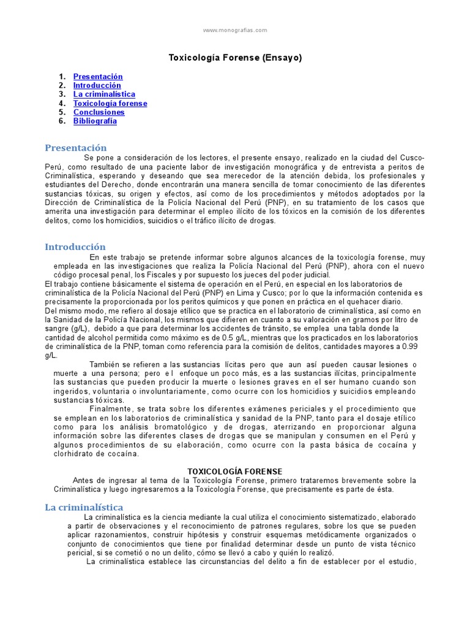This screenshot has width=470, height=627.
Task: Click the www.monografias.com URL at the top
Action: (235, 30)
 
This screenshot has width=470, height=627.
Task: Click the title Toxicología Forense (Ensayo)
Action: (235, 58)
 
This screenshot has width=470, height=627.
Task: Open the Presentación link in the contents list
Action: (98, 77)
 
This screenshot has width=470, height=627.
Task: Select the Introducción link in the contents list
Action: (97, 86)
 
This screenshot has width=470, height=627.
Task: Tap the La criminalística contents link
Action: (104, 94)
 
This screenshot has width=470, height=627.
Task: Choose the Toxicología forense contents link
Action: (110, 103)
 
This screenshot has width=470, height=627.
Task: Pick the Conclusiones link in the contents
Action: (99, 112)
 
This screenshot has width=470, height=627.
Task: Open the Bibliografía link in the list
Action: (95, 121)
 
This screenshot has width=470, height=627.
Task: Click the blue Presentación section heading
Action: (76, 148)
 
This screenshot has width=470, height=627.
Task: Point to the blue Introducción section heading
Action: (75, 247)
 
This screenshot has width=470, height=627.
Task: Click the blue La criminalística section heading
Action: (84, 507)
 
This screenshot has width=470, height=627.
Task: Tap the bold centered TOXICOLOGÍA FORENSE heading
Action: (235, 471)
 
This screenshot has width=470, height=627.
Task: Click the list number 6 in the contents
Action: (62, 121)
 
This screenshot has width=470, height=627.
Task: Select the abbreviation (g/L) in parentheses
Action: (78, 329)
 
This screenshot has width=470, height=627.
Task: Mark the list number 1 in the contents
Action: (62, 77)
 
